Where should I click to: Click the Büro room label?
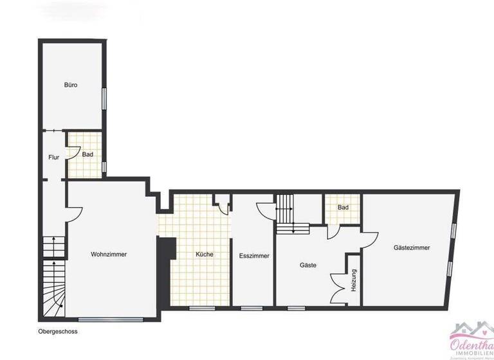pos(71,85)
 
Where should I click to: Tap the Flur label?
pos(54,157)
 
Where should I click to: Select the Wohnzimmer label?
pos(109,255)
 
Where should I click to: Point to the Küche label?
pos(205,255)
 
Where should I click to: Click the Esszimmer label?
pos(254,256)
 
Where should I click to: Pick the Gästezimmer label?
pos(412,248)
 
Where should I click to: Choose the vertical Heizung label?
pos(354,280)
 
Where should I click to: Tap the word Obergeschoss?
pos(58,332)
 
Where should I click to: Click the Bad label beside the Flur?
pos(87,154)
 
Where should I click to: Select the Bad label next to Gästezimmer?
pos(343,208)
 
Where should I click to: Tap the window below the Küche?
pos(201,308)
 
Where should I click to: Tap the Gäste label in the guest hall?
pos(308,265)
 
